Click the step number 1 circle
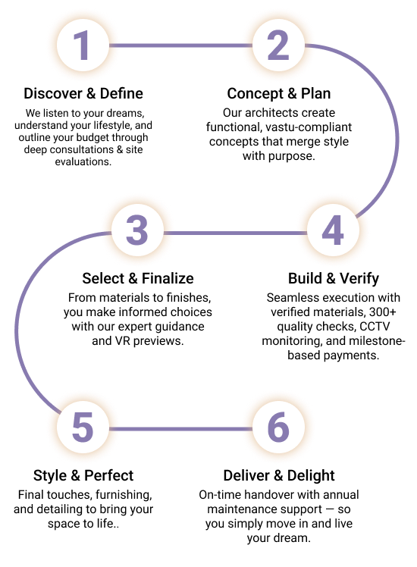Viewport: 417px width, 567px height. tap(83, 45)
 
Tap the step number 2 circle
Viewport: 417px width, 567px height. tap(278, 45)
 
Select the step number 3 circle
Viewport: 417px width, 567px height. tap(137, 230)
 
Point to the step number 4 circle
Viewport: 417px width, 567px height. tap(333, 230)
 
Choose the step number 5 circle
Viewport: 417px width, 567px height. tap(83, 427)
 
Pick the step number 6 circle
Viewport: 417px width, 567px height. tap(278, 427)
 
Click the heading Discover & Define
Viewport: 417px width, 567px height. tap(83, 93)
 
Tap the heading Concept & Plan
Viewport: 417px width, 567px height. tap(279, 93)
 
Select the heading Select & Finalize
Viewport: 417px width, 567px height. tap(138, 278)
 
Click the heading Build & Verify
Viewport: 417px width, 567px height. tap(334, 278)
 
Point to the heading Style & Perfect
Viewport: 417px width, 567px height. tap(83, 475)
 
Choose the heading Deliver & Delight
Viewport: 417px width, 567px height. tap(279, 475)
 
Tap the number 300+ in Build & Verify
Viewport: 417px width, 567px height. tap(383, 312)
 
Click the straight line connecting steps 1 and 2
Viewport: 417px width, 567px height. tap(181, 45)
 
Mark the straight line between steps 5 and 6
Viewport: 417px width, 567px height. tap(181, 429)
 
